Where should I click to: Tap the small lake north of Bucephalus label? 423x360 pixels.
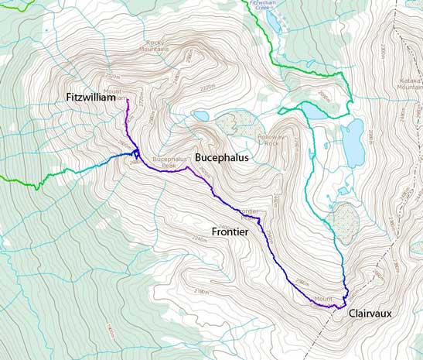point(200,116)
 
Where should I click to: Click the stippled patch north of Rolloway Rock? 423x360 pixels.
point(230,122)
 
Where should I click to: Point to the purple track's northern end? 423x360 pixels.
point(128,100)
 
